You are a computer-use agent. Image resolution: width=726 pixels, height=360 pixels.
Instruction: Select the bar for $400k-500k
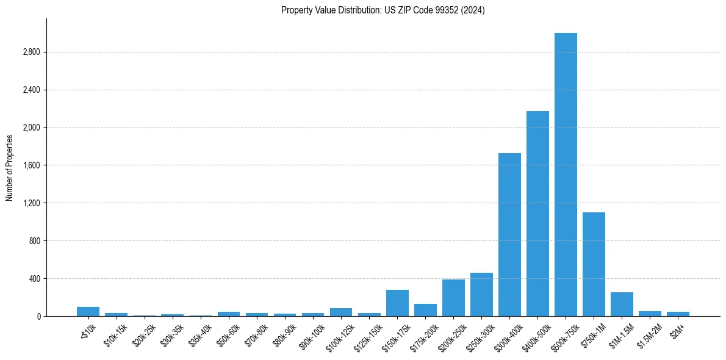coord(537,214)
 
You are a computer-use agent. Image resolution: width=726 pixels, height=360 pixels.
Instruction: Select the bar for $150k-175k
coord(397,303)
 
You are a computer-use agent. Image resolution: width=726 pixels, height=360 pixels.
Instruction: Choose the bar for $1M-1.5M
coord(622,304)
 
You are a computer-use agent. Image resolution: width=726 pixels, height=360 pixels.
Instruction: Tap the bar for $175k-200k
coord(425,310)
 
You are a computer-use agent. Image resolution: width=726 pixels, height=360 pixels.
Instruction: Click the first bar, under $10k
coord(88,311)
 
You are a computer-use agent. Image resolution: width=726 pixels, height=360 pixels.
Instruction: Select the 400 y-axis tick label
coord(34,279)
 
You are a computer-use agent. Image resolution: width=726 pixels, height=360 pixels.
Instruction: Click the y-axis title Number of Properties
coord(10,167)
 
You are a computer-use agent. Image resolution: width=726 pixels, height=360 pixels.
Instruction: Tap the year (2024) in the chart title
coord(474,10)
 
